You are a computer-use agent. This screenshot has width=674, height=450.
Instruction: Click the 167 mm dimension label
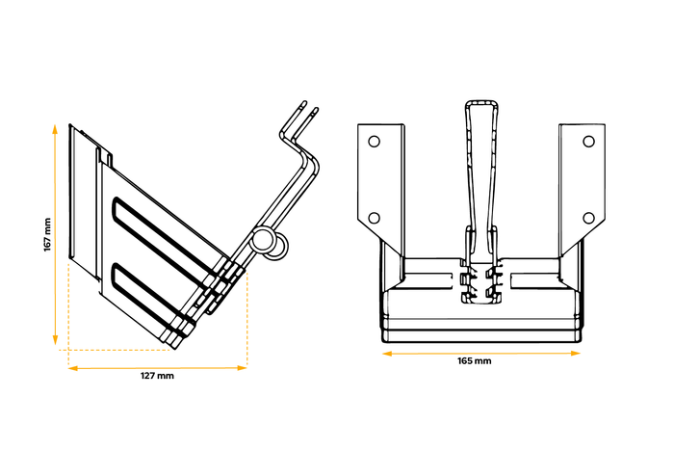click(46, 234)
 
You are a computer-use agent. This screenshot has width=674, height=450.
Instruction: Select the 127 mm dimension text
click(157, 376)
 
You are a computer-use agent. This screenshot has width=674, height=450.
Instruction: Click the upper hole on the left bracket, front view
click(374, 142)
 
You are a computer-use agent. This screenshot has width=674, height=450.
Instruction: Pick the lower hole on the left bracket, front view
click(374, 217)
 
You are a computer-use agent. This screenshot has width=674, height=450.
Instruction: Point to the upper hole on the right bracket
click(590, 142)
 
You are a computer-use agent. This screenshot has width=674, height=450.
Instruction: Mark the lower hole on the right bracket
click(590, 217)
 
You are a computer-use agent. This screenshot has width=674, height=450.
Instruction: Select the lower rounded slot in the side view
click(154, 294)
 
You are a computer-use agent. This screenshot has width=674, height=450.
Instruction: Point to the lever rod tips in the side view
click(309, 107)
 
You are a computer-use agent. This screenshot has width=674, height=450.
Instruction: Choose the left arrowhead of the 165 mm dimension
click(385, 353)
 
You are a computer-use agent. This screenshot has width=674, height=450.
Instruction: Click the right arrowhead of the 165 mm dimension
click(580, 353)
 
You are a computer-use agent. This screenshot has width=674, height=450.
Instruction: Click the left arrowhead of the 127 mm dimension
click(70, 367)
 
